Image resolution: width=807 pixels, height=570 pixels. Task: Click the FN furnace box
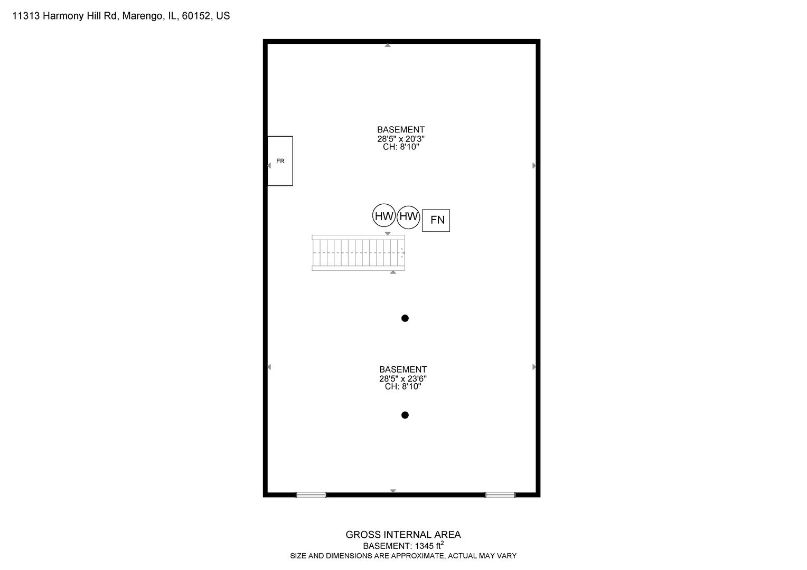[x=436, y=221]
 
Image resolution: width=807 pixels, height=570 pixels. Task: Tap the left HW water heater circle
[x=383, y=215]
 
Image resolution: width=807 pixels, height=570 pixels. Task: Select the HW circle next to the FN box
[x=408, y=217]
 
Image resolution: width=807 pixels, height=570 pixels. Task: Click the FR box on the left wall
[x=280, y=161]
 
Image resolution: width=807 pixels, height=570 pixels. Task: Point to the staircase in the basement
[x=358, y=253]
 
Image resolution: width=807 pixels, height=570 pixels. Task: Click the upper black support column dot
[x=405, y=318]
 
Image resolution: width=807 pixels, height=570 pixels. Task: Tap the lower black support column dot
[x=405, y=415]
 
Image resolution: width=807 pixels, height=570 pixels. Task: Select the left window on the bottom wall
[x=311, y=495]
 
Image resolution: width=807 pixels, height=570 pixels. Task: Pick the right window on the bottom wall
[x=500, y=495]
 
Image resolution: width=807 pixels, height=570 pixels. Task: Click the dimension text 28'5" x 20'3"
[x=401, y=139]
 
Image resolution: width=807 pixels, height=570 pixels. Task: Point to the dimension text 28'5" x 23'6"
[x=403, y=378]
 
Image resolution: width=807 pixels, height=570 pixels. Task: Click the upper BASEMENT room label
[x=401, y=130]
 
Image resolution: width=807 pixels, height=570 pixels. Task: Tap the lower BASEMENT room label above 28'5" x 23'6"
[x=403, y=369]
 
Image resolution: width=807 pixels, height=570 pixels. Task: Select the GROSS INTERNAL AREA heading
[x=403, y=535]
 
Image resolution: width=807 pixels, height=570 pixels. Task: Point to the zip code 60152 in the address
[x=196, y=16]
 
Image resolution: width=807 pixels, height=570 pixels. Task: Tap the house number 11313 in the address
[x=26, y=16]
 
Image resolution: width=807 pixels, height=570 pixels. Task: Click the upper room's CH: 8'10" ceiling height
[x=401, y=147]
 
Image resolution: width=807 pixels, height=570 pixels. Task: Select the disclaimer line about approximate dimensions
[x=403, y=556]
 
